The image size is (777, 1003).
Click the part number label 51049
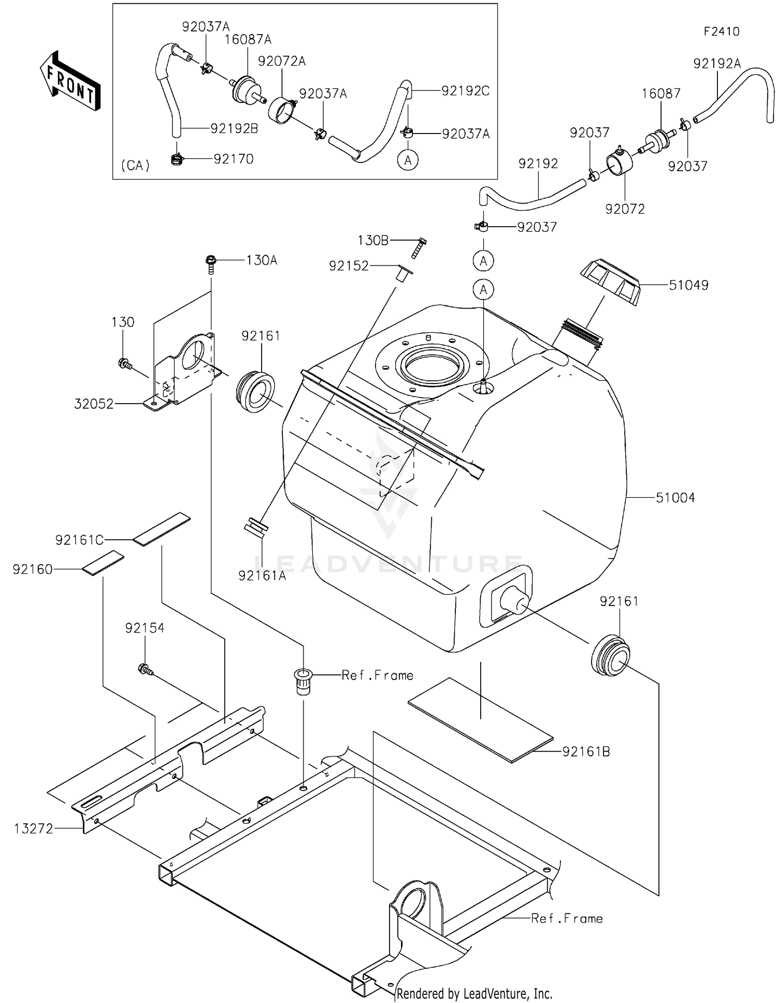click(x=688, y=285)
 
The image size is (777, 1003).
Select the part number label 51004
click(x=675, y=498)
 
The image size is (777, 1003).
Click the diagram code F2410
click(x=721, y=32)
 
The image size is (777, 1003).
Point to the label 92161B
click(x=586, y=751)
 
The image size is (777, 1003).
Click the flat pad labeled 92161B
click(x=480, y=720)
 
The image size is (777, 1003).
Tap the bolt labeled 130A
click(x=211, y=263)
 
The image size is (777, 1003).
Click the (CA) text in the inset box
click(x=135, y=166)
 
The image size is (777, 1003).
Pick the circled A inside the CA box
click(x=408, y=160)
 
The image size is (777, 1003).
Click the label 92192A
click(x=717, y=64)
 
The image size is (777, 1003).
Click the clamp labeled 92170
click(x=177, y=159)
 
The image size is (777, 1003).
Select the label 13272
click(x=33, y=829)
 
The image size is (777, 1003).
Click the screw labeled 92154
click(x=145, y=670)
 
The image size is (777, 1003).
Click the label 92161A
click(x=262, y=576)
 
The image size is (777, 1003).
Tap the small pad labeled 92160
click(x=103, y=564)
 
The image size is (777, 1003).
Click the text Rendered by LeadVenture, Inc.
click(x=474, y=994)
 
